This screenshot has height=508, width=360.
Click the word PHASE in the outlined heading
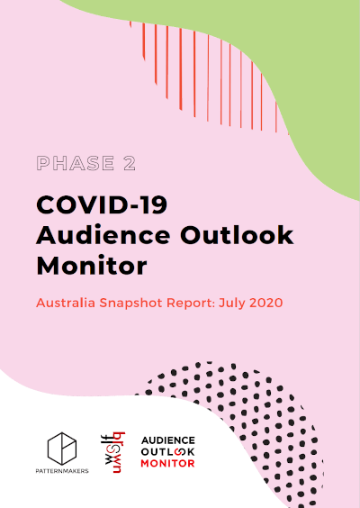[x=76, y=163]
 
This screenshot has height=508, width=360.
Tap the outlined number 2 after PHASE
[x=130, y=163]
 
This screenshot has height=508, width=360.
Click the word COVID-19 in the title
[x=102, y=204]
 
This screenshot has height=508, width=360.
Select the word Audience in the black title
[x=103, y=235]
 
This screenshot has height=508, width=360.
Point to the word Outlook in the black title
[x=237, y=235]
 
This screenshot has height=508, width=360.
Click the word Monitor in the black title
[x=92, y=266]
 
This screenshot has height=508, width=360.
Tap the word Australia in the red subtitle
[x=66, y=303]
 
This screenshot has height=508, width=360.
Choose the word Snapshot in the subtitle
[x=130, y=304]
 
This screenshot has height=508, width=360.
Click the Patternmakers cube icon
[x=62, y=449]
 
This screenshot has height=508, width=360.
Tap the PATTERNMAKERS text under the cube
[x=62, y=471]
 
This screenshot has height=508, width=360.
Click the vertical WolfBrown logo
[x=113, y=452]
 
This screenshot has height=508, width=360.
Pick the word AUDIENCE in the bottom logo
[x=168, y=440]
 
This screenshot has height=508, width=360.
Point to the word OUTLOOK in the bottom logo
[x=168, y=451]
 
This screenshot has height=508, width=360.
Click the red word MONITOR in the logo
[x=168, y=463]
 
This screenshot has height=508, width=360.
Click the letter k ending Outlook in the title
[x=285, y=234]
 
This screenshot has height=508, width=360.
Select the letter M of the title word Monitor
[x=49, y=266]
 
